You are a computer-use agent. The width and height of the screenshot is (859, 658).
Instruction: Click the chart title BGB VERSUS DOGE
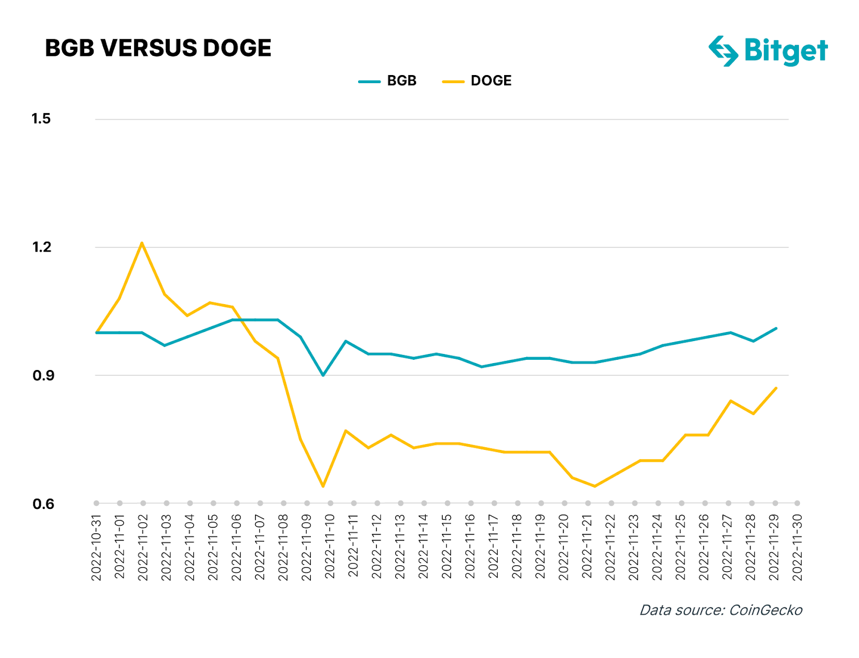(158, 48)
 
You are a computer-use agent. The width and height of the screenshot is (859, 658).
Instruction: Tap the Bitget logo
(768, 51)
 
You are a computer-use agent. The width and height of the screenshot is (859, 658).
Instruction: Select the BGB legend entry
(388, 81)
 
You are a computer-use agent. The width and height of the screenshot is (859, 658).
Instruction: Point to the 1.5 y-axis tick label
(41, 119)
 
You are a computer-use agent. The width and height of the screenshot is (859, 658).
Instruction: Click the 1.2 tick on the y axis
(41, 247)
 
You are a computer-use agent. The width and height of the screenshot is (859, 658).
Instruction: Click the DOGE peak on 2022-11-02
(142, 243)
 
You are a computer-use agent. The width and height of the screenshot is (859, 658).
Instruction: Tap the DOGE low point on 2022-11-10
(323, 486)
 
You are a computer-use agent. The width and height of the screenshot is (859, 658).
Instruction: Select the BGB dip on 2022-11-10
(323, 375)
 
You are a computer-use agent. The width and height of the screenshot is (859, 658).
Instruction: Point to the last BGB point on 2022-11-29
(776, 328)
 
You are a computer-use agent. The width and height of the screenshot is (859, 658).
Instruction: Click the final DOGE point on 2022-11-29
(776, 388)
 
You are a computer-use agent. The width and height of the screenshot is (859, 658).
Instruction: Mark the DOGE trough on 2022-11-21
(595, 486)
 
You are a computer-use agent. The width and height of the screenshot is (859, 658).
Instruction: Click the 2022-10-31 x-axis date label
(96, 547)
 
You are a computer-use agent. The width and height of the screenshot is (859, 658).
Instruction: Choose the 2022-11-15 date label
(447, 547)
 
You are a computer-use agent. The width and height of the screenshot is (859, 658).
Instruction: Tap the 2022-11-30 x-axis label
(797, 547)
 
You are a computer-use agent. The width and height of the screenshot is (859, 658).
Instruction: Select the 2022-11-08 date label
(283, 547)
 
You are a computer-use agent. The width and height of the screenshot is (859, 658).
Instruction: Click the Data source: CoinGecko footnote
(721, 610)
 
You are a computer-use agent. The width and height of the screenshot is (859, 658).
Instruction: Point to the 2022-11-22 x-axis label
(610, 547)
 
